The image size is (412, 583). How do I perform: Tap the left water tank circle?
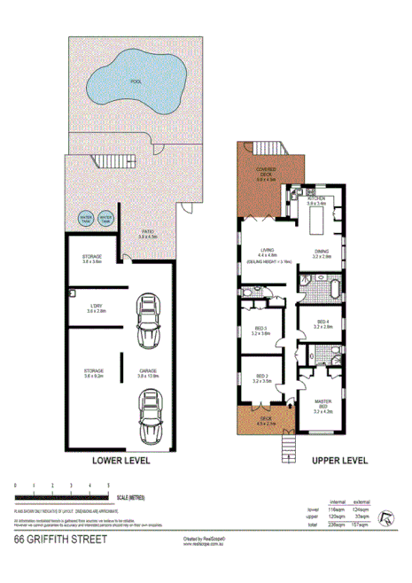[x=87, y=217]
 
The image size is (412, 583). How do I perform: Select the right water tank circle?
[x=107, y=217]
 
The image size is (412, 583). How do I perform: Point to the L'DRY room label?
[x=96, y=309]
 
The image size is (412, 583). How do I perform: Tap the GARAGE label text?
[x=147, y=372]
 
